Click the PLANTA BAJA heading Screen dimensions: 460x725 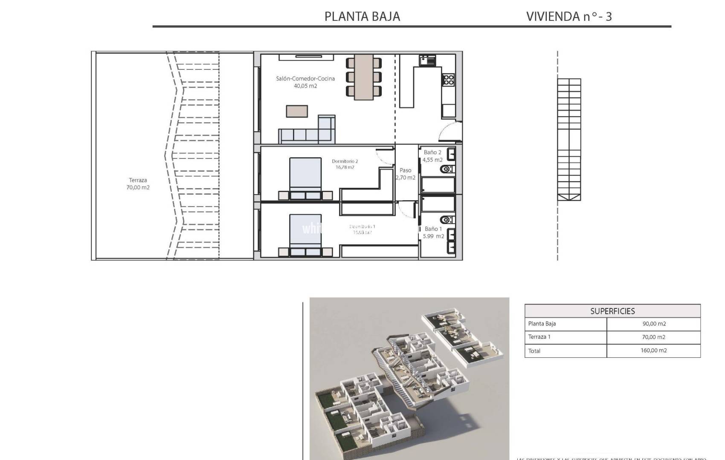[362, 17]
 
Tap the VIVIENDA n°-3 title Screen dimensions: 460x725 [569, 17]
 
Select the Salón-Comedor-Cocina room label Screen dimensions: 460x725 [305, 79]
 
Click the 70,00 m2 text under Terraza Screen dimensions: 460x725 [138, 187]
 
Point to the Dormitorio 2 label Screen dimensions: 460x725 [345, 161]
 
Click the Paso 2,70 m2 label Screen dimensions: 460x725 [405, 174]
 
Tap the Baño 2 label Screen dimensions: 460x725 [432, 152]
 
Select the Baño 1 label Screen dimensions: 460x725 [433, 229]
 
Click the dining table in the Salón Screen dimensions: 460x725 [363, 77]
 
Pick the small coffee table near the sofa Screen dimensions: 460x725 [297, 111]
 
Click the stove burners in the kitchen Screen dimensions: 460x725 [448, 80]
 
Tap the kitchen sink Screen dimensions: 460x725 [427, 60]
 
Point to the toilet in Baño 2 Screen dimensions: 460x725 [447, 169]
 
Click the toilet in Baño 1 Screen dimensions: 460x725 [447, 220]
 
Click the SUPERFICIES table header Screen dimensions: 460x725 [612, 311]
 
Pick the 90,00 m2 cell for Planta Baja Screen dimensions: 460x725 [654, 324]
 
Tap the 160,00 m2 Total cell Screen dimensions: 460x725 [654, 351]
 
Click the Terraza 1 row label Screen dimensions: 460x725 [539, 337]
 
